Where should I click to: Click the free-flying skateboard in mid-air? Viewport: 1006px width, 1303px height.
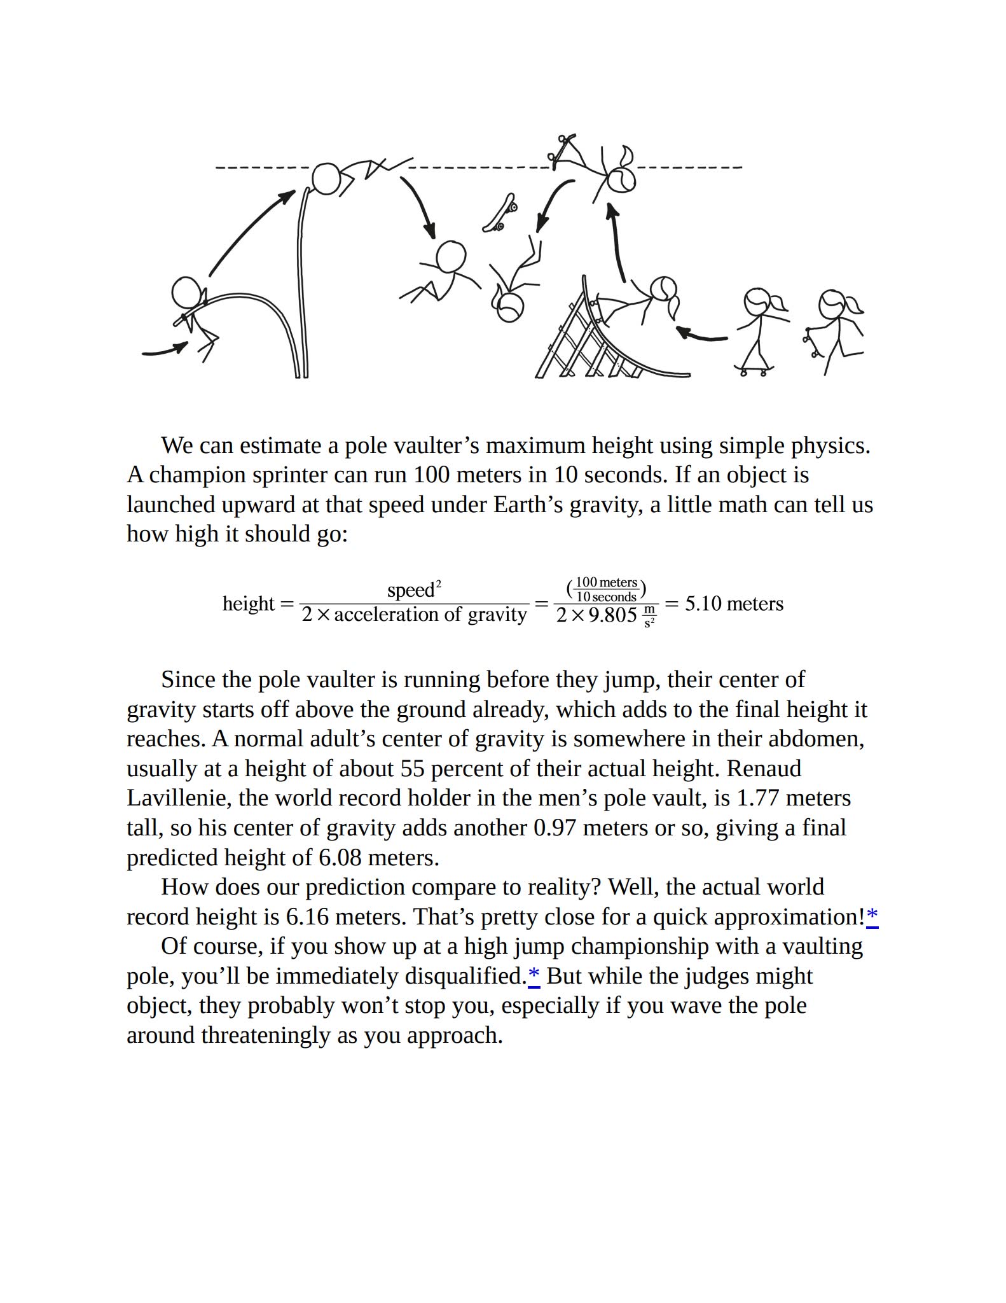coord(500,214)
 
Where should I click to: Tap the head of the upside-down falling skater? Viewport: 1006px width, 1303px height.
coord(509,307)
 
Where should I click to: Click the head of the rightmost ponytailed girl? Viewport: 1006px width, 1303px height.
coord(832,303)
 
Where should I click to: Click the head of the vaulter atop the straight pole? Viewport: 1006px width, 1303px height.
coord(327,179)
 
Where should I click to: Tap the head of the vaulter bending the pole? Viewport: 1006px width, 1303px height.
coord(186,292)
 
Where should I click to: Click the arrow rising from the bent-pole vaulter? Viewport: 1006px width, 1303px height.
coord(251,232)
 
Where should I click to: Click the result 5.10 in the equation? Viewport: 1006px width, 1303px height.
coord(703,603)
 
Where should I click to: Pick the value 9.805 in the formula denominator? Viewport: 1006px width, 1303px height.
coord(612,615)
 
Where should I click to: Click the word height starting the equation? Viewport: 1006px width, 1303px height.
coord(249,603)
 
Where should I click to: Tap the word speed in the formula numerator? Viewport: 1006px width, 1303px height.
coord(411,590)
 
